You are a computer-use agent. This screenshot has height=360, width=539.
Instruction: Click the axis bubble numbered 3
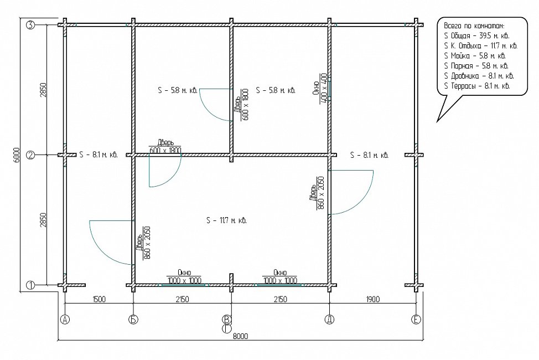pos(30,25)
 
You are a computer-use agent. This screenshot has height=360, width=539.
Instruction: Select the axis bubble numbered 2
pos(30,155)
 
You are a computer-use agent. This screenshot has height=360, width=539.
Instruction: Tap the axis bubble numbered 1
pos(30,285)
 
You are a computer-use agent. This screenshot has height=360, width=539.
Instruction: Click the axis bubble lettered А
pos(65,320)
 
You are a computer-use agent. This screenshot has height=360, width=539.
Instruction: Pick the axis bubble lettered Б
pos(133,320)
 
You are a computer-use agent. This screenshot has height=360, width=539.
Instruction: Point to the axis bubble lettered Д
pos(330,320)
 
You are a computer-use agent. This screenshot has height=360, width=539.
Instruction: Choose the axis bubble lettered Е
pos(416,320)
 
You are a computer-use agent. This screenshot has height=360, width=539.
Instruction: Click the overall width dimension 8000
pos(240,336)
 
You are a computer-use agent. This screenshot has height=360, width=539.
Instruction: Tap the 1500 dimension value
pos(99,299)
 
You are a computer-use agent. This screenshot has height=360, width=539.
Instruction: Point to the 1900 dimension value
pos(372,299)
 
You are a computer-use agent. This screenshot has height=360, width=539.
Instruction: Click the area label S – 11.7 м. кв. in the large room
pos(226,220)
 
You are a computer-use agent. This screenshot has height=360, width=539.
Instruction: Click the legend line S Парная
pos(476,66)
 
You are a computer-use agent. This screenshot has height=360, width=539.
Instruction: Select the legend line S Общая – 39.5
pos(477,36)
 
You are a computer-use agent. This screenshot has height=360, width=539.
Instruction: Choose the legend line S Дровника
pos(479,76)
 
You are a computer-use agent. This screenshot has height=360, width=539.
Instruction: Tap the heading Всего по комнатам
pos(474,26)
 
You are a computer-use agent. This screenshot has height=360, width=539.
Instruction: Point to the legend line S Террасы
pos(477,86)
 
